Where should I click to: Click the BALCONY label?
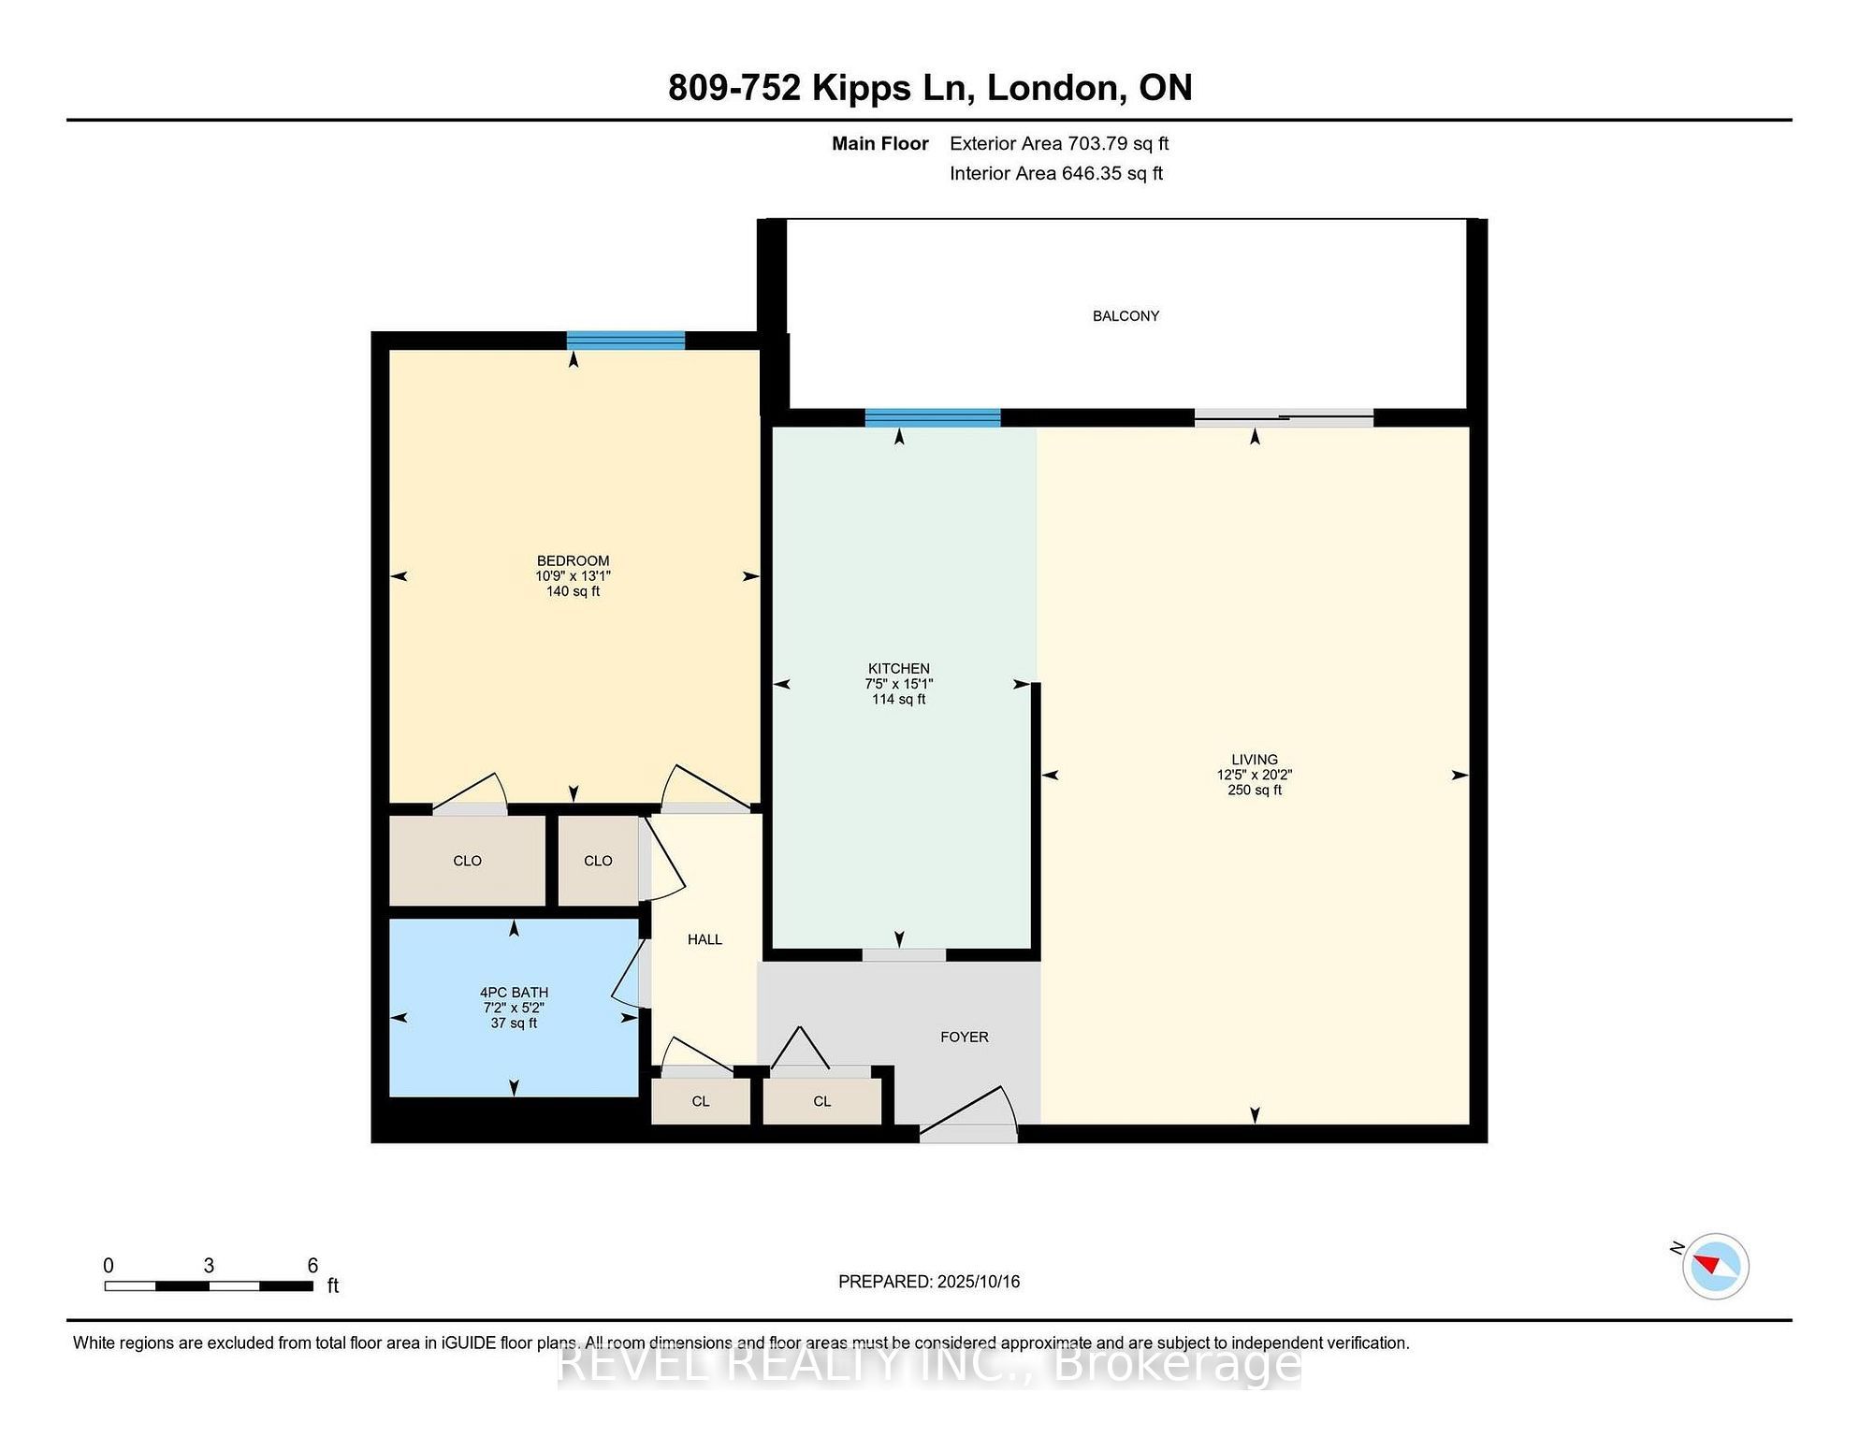tap(1126, 316)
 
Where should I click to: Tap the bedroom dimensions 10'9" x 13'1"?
tap(573, 576)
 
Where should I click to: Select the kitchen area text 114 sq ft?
tap(898, 699)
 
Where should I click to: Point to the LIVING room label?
tap(1254, 760)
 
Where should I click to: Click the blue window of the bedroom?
tap(626, 341)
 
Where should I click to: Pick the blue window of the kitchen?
tap(933, 417)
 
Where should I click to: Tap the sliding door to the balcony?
tap(1284, 418)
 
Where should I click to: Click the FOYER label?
tap(965, 1037)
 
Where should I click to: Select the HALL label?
tap(704, 939)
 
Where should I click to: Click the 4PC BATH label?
tap(514, 993)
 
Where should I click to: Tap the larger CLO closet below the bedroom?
tap(467, 861)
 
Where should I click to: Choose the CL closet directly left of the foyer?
tap(822, 1101)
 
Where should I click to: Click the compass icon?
tap(1715, 1266)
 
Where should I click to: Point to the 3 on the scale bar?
tap(209, 1266)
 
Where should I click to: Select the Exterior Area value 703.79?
tap(1097, 143)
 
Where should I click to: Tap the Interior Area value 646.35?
tap(1091, 173)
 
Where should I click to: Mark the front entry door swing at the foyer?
tap(968, 1113)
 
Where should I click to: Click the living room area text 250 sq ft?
tap(1254, 790)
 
